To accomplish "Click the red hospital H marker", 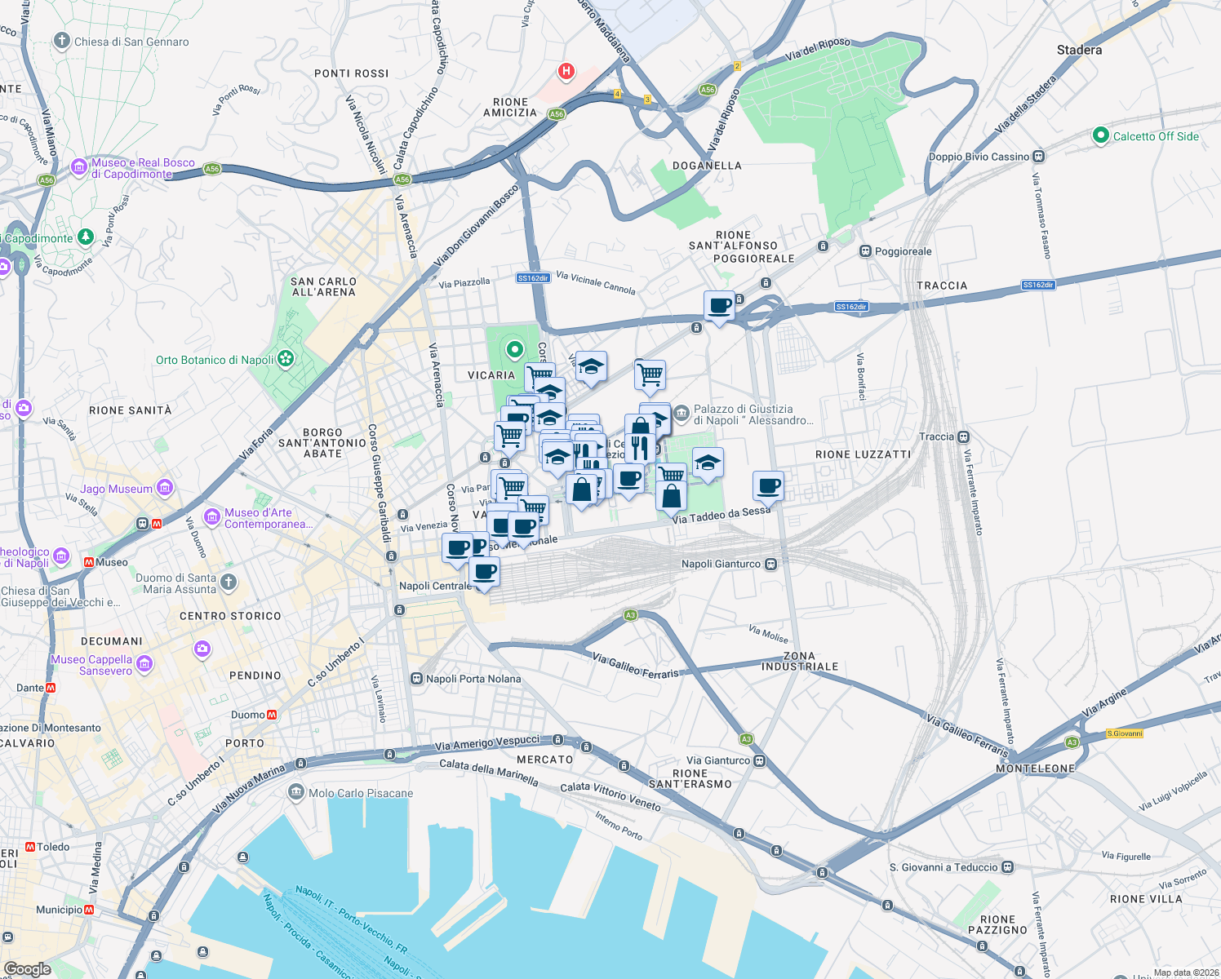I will click(566, 72).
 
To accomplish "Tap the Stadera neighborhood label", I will click(1079, 51).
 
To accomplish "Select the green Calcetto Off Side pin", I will click(1100, 136).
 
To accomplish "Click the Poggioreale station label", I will click(903, 251).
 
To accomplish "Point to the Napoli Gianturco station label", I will click(721, 564).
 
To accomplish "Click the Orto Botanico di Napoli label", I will click(215, 360).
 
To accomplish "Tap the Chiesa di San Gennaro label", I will click(131, 42).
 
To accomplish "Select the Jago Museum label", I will click(117, 489).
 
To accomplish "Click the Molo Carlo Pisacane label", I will click(360, 793).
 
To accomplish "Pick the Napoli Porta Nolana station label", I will click(473, 679).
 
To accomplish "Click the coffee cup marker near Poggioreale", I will click(719, 306).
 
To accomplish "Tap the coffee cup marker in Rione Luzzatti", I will click(768, 486).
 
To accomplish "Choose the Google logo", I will click(28, 969).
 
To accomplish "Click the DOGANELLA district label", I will click(707, 166).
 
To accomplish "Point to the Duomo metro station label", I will click(248, 715).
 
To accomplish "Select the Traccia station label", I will click(936, 436).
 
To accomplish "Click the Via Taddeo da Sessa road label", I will click(721, 515).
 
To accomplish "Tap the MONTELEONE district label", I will click(1036, 769).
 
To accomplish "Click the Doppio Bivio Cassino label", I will click(979, 157).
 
